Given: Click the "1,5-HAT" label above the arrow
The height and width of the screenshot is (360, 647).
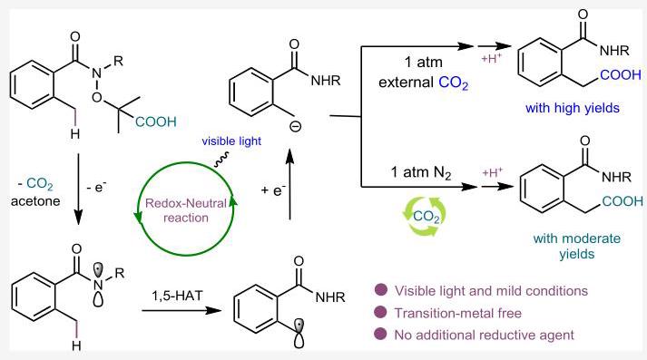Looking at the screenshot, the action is click(178, 296).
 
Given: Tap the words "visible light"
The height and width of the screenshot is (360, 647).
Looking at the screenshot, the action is click(231, 141).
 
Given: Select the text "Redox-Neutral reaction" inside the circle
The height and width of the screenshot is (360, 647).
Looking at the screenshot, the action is click(186, 210).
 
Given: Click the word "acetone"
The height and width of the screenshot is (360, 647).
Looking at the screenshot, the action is click(35, 201).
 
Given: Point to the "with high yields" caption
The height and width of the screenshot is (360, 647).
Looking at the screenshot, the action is click(573, 108).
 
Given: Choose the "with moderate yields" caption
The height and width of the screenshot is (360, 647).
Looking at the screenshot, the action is click(577, 246).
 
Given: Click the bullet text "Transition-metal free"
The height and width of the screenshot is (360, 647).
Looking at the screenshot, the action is click(458, 314).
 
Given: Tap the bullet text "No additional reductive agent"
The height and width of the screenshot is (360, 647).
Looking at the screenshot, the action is click(484, 335).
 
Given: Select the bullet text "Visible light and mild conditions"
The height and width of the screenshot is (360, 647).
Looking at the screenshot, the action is click(491, 291).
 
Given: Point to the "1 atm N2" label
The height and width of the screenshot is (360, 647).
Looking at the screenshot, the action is click(421, 172).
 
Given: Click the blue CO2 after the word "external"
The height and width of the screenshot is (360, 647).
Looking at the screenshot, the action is click(454, 83).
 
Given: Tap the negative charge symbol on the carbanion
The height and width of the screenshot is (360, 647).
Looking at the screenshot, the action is click(296, 127).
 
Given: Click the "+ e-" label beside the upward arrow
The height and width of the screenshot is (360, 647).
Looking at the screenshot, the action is click(273, 190).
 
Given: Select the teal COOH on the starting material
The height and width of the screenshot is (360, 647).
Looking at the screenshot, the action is click(155, 122).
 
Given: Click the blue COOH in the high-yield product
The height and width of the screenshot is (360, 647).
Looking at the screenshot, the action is click(620, 75).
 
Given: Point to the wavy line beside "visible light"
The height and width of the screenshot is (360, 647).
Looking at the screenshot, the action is click(221, 160).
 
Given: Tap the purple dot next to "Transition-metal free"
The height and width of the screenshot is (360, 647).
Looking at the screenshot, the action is click(380, 313).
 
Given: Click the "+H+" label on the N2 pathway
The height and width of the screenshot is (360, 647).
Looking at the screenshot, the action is click(492, 171).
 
